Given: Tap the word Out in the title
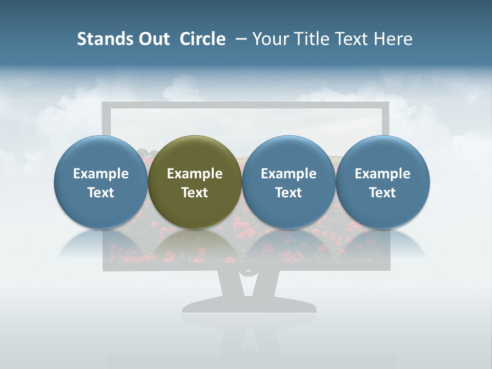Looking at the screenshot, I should [x=153, y=39].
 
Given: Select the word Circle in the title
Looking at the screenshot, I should [x=202, y=39].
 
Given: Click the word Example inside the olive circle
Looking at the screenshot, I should [x=195, y=174].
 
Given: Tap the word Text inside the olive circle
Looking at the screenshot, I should [x=195, y=193].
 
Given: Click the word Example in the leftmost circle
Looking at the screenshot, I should [x=101, y=174].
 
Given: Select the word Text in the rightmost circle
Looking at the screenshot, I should [x=383, y=193].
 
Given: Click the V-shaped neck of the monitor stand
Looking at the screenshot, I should [x=250, y=284].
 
